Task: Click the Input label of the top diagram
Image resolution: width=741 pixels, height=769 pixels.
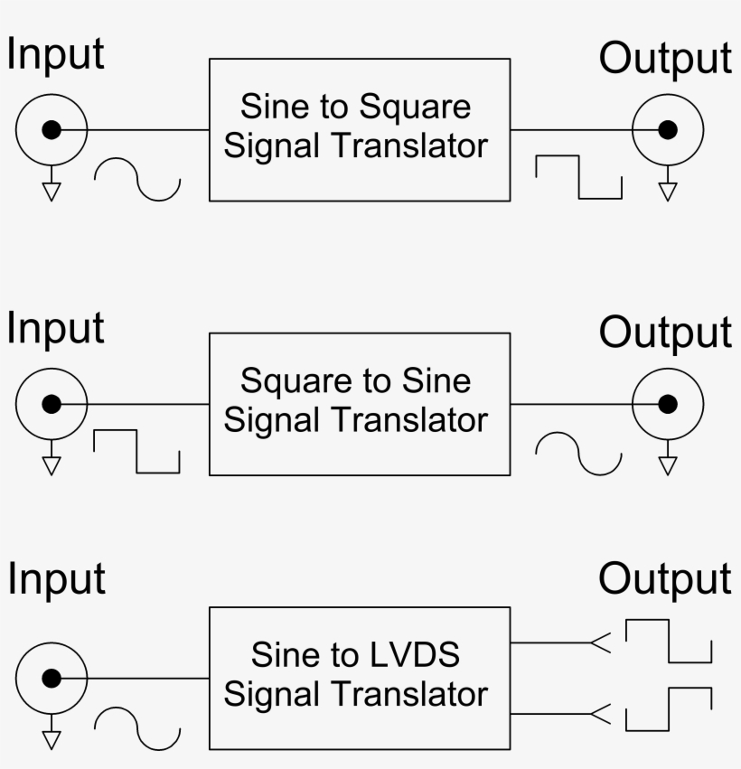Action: pos(56,54)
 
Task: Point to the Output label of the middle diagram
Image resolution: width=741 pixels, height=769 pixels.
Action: pos(664,333)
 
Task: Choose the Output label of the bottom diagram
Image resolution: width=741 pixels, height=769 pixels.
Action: pos(664,579)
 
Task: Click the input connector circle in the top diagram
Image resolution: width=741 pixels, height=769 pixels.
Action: pos(52,130)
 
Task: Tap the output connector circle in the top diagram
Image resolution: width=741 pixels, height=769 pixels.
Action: pos(667,130)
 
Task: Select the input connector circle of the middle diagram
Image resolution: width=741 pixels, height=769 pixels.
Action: pos(52,404)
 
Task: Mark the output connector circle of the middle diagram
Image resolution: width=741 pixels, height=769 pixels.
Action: pos(667,404)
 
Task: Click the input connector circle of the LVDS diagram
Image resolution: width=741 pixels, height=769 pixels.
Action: pos(52,679)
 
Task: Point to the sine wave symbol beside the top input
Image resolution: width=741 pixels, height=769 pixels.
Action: pos(137,179)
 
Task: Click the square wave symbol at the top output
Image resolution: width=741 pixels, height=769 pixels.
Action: pos(578,176)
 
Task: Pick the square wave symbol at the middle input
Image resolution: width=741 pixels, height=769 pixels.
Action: pos(136,451)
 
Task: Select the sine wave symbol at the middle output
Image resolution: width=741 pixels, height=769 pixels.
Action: pos(578,453)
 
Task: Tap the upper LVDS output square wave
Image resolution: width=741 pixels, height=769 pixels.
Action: pos(668,641)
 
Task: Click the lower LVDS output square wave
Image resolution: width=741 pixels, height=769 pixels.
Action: pos(668,708)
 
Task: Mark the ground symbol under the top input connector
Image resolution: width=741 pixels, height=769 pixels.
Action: pos(52,188)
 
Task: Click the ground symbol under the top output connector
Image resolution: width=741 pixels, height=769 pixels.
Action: pos(667,188)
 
